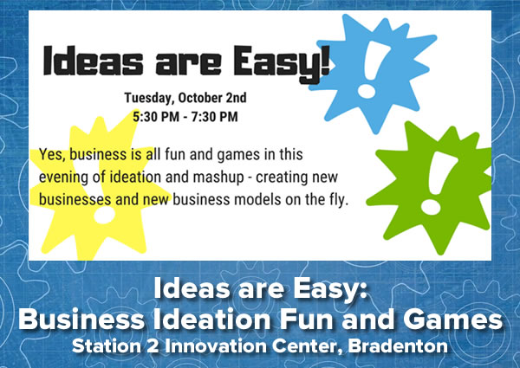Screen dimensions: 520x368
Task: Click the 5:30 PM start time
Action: click(156, 117)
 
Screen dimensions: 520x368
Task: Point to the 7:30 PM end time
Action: click(215, 117)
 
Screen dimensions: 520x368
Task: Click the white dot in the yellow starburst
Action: click(104, 215)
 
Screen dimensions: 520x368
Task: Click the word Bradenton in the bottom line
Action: click(398, 346)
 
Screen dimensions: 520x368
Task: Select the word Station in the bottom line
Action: click(107, 346)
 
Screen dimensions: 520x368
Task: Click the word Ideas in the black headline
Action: click(94, 61)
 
